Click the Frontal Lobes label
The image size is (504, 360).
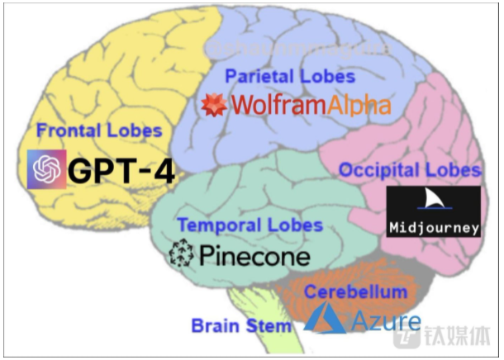pos(99,130)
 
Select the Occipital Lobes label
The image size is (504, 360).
pos(410,170)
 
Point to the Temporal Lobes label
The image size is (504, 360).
pos(250,225)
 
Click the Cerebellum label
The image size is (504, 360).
pos(355,291)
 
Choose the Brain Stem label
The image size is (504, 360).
pos(241,324)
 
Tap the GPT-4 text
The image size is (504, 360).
pos(121,171)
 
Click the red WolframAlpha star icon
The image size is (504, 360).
pos(216,105)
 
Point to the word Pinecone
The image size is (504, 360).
pos(254,256)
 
